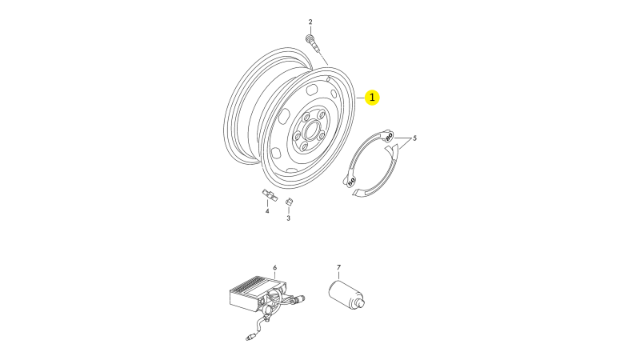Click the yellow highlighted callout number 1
pyautogui.click(x=372, y=98)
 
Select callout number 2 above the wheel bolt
pyautogui.click(x=310, y=22)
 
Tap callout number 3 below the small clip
pyautogui.click(x=288, y=218)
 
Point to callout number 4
pyautogui.click(x=267, y=211)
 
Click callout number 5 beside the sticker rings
pyautogui.click(x=414, y=138)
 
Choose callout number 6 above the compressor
pyautogui.click(x=274, y=268)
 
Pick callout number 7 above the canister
pyautogui.click(x=338, y=267)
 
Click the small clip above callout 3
pyautogui.click(x=289, y=202)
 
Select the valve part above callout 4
pyautogui.click(x=270, y=195)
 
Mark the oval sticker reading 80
pyautogui.click(x=388, y=136)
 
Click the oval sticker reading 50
pyautogui.click(x=351, y=181)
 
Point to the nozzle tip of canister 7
pyautogui.click(x=361, y=303)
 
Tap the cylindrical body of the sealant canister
pyautogui.click(x=344, y=293)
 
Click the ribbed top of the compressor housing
pyautogui.click(x=256, y=282)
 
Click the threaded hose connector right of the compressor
pyautogui.click(x=299, y=298)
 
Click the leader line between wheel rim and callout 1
pyautogui.click(x=361, y=98)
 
